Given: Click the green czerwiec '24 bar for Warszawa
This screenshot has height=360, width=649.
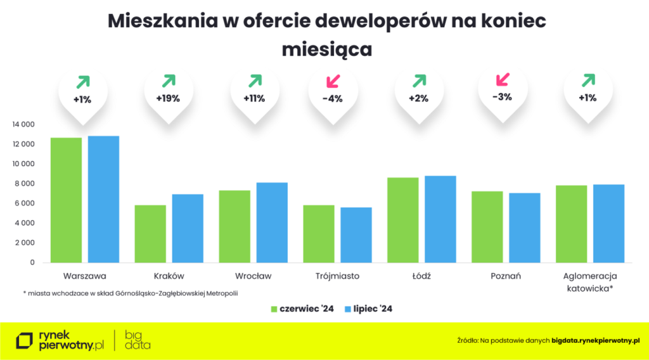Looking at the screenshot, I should [66, 200].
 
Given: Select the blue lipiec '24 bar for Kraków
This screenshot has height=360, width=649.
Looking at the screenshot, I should [188, 228].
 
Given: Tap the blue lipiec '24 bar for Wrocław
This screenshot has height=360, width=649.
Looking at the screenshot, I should [271, 222].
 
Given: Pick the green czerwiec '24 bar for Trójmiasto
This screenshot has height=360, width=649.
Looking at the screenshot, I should [318, 233].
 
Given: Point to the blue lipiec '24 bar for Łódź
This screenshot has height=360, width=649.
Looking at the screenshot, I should [440, 219].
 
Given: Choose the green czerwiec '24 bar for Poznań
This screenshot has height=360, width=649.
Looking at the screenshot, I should [487, 226].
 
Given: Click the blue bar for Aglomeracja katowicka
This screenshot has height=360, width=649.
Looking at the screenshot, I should [608, 223].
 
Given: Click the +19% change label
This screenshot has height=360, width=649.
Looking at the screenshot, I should [168, 98].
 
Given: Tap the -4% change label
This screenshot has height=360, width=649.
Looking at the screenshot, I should [331, 98].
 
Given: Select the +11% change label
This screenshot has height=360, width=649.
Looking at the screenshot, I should [254, 98].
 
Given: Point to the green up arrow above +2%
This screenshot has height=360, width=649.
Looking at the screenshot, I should [420, 80].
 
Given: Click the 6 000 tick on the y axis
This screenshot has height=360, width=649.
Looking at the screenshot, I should [26, 203].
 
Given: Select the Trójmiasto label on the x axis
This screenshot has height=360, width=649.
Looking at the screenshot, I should [337, 276].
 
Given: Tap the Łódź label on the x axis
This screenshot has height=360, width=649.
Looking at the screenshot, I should [421, 276].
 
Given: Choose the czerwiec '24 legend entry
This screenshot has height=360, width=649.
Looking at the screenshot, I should [302, 309].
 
